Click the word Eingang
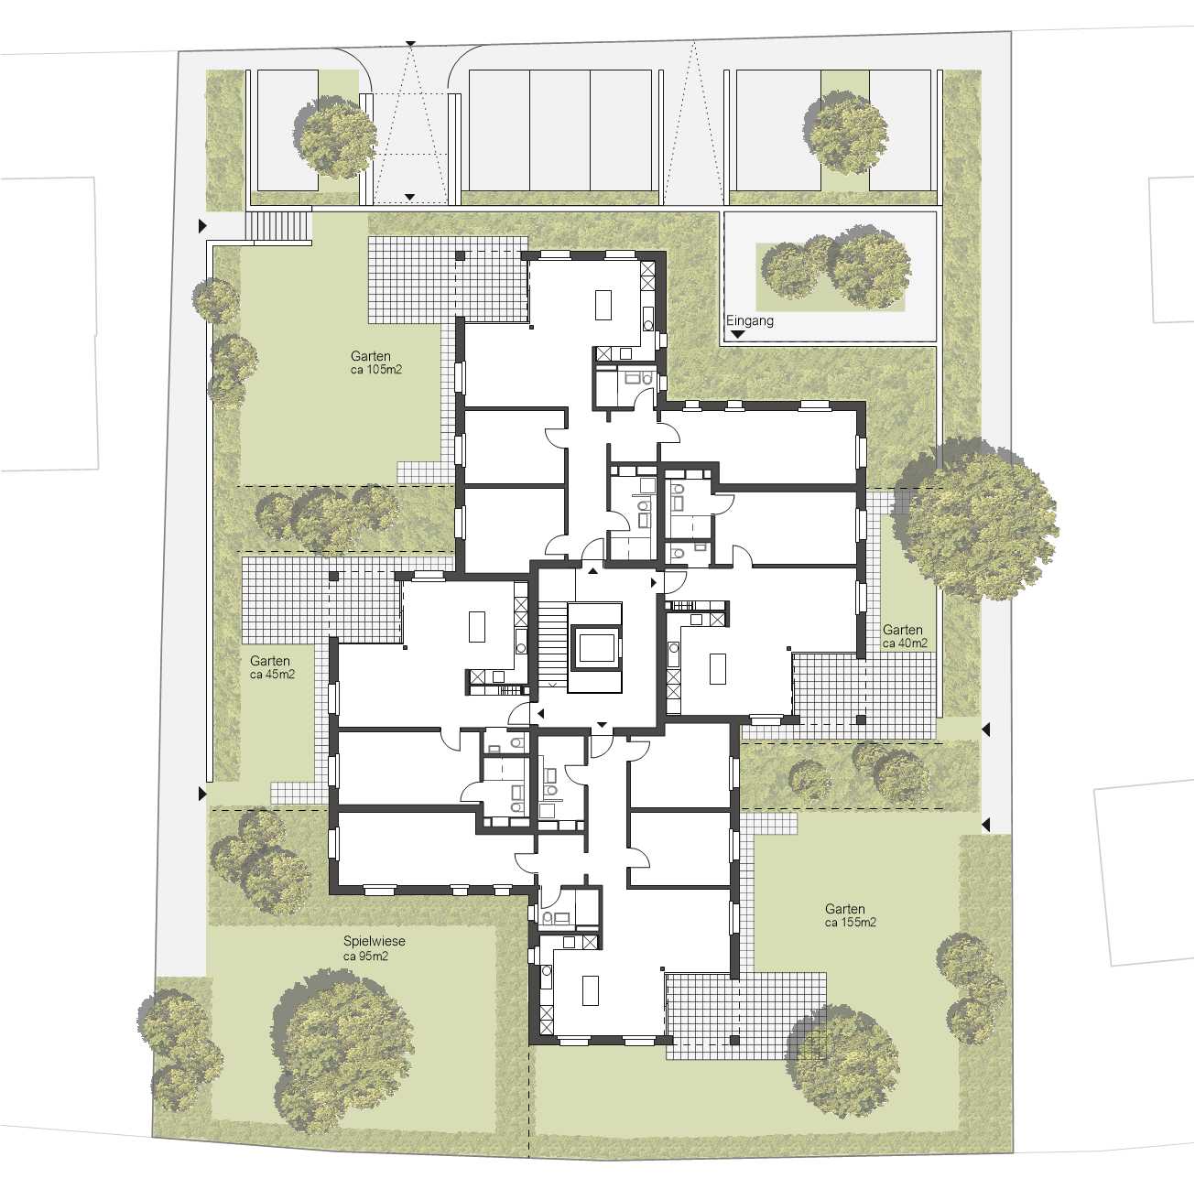coord(750,322)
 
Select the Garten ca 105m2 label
coord(375,362)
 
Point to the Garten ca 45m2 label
coord(272,667)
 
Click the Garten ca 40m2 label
coord(904,636)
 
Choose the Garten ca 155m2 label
coord(850,915)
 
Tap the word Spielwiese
coord(374,941)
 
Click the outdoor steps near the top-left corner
coord(277,226)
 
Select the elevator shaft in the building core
coord(596,647)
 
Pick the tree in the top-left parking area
coord(335,136)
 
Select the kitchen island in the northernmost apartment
coord(603,305)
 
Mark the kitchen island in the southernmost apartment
coord(591,991)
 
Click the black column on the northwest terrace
coord(460,255)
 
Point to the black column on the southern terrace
coord(734,1040)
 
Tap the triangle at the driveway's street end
coord(410,43)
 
